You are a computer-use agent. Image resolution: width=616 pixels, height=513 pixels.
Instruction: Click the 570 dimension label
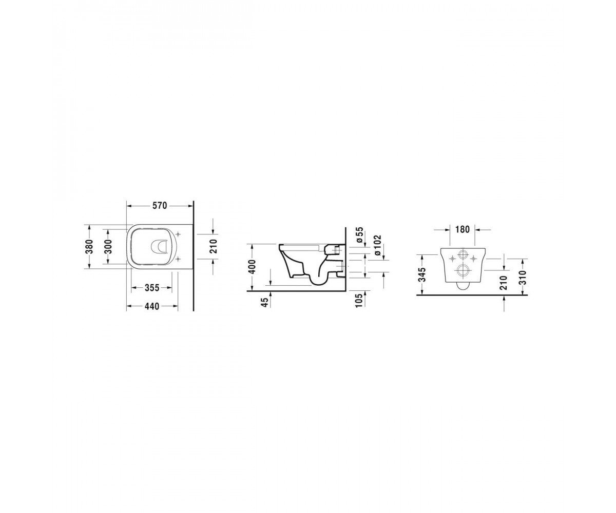(x=160, y=206)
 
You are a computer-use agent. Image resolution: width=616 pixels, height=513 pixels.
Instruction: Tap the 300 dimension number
(x=108, y=246)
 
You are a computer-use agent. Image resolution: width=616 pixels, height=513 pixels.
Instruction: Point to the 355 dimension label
(x=151, y=287)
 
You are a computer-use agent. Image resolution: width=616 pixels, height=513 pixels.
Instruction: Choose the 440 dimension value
(x=151, y=306)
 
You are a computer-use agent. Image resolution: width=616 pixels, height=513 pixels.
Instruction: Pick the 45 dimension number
(x=265, y=303)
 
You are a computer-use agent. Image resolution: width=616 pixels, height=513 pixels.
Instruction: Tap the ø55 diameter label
(x=359, y=235)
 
